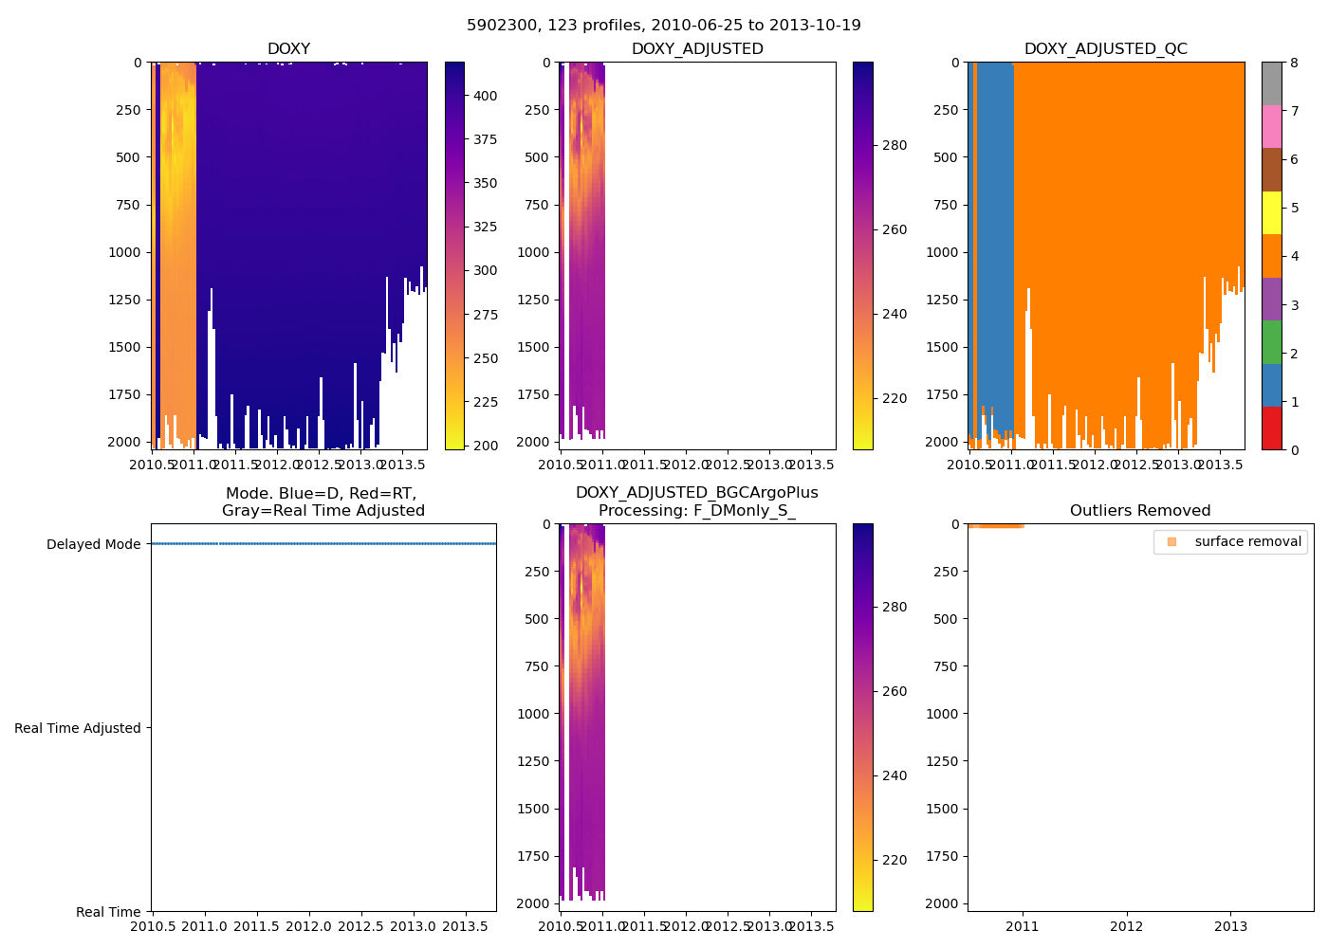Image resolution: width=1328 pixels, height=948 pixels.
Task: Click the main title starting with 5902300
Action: [x=663, y=26]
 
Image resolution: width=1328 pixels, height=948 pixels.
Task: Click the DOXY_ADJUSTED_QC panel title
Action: [x=1105, y=49]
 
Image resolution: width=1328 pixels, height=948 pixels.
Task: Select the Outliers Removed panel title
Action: [x=1139, y=511]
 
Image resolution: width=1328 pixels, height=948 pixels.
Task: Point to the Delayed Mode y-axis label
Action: [x=93, y=544]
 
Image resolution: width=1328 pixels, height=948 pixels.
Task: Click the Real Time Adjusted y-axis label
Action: [x=78, y=728]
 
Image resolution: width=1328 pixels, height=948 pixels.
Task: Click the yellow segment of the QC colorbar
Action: [x=1271, y=212]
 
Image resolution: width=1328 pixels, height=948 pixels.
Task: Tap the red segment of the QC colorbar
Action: [x=1271, y=428]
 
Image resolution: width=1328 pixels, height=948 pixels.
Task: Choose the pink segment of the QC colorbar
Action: [x=1271, y=126]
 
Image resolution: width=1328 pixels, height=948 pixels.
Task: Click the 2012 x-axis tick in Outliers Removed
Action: [x=1127, y=926]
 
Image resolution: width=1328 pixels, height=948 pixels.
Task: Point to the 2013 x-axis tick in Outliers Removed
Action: [x=1231, y=926]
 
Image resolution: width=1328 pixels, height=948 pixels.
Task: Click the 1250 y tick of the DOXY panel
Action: [x=127, y=300]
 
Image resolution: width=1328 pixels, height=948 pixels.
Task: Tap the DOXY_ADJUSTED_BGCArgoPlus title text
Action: [x=696, y=493]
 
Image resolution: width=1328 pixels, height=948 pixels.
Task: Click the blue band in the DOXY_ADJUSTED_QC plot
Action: [x=994, y=237]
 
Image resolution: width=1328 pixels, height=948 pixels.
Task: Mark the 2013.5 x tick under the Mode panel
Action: [x=465, y=926]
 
